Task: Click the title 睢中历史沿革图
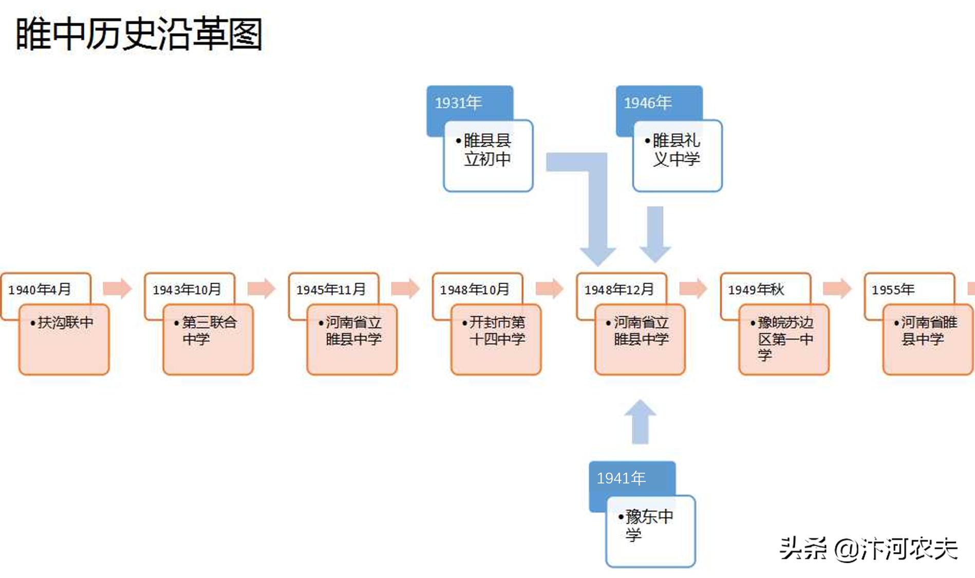[x=139, y=34]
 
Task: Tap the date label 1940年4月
[x=40, y=289]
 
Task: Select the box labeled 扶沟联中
[x=64, y=339]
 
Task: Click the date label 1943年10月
[x=187, y=289]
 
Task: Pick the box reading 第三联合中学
[x=208, y=339]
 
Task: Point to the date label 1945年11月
[x=331, y=289]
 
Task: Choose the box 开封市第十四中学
[x=496, y=339]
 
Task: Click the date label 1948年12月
[x=619, y=289]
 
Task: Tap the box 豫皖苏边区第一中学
[x=784, y=339]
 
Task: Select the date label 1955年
[x=893, y=289]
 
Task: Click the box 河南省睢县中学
[x=928, y=339]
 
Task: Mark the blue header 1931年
[x=459, y=103]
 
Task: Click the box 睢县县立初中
[x=488, y=156]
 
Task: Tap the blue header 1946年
[x=648, y=103]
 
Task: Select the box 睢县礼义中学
[x=677, y=156]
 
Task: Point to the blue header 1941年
[x=621, y=478]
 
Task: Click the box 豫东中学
[x=650, y=531]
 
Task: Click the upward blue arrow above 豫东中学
[x=640, y=422]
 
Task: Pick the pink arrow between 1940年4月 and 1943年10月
[x=117, y=289]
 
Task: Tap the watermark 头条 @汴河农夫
[x=868, y=549]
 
